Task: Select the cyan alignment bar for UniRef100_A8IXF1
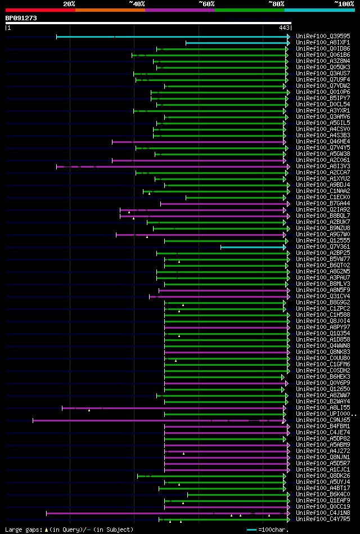point(236,43)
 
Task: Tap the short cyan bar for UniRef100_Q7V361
point(253,247)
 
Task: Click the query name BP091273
point(21,18)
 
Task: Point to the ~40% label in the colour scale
point(137,4)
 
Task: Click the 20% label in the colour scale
point(69,4)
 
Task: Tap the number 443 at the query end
point(284,27)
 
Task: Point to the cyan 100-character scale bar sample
point(251,529)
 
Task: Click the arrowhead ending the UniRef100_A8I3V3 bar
point(288,167)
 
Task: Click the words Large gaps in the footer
point(22,529)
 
